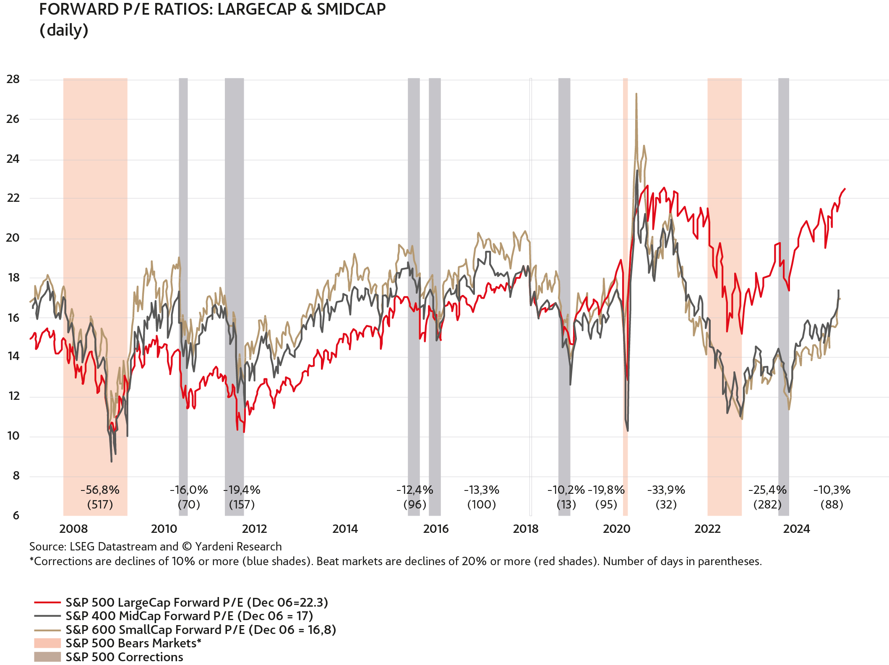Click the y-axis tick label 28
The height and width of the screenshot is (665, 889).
pos(13,79)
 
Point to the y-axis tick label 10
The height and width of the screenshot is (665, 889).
pos(13,436)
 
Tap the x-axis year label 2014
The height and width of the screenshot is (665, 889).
pos(345,529)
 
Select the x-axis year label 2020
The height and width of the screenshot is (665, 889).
pos(616,529)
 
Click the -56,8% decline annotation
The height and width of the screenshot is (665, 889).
pos(100,490)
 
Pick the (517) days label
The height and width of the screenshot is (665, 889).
pos(100,504)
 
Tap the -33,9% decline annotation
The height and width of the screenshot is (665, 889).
pos(666,490)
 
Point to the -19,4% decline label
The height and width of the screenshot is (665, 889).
pos(242,490)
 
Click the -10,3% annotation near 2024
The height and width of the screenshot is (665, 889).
pos(832,490)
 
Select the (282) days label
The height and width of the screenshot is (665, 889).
pos(767,504)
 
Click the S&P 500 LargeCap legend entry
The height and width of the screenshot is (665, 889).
pos(196,602)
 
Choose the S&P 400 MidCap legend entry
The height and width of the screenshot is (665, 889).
pos(189,616)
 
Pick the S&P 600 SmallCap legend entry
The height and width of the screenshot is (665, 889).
pos(201,630)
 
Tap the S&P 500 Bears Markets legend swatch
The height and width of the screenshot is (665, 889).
pos(47,643)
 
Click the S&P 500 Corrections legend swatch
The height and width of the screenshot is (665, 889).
pos(47,657)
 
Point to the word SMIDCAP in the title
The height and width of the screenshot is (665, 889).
pos(351,9)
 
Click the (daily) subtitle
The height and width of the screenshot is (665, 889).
pos(64,30)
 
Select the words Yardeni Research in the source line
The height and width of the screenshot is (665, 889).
pos(238,547)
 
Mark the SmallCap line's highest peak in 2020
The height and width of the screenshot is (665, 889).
pos(636,94)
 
